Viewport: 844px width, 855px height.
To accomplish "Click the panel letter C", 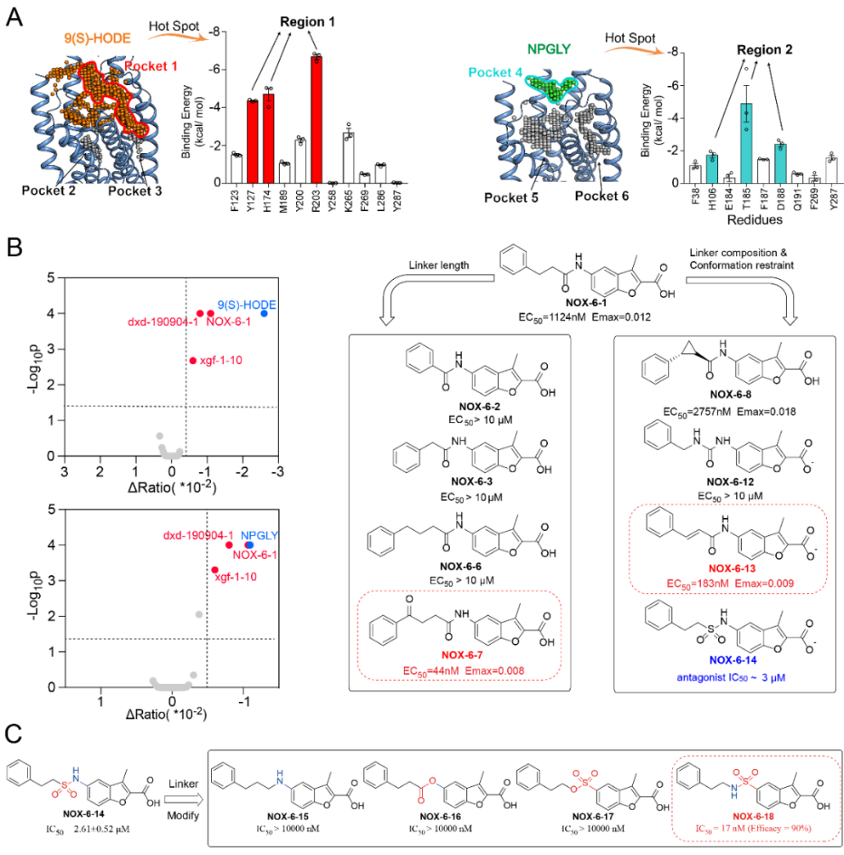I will coord(13,733).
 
